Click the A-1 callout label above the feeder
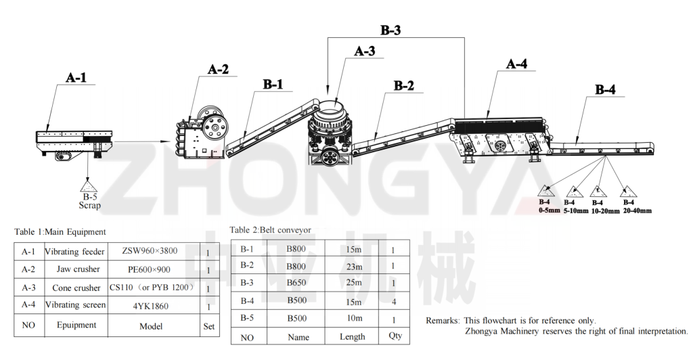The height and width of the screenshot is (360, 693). pos(76,78)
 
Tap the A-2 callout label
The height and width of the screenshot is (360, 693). pos(219,69)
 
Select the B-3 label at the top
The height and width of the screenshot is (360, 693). pos(390,30)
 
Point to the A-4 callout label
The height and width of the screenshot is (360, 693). pos(516,64)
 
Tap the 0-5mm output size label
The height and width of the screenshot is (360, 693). pos(550,210)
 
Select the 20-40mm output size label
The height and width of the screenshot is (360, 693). pos(638,210)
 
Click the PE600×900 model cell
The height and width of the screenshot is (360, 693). pos(152,269)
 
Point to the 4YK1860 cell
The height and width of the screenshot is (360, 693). pos(151,306)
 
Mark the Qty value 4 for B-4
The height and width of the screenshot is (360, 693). pos(394,302)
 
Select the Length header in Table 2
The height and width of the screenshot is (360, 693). pos(352,336)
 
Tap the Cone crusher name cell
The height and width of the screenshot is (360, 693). pos(76,288)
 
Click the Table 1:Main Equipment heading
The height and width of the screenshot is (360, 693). pos(60,232)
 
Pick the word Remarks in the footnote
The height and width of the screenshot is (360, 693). pos(443,321)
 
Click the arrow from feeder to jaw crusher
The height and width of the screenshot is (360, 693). pos(142,141)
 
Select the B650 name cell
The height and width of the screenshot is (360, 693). pos(296,283)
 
